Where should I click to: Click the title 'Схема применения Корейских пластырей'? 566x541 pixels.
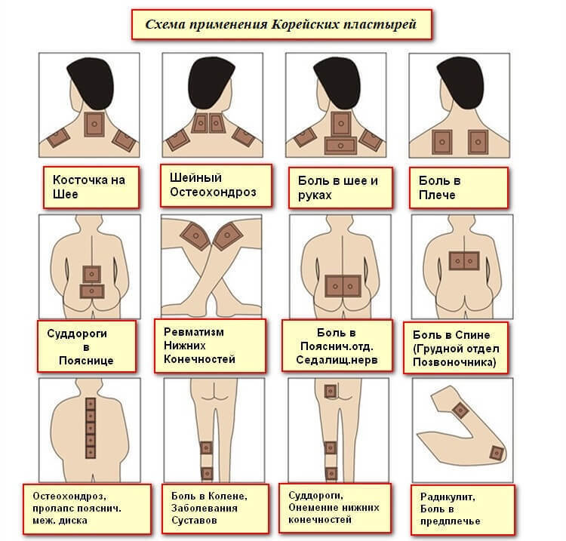pyautogui.click(x=282, y=24)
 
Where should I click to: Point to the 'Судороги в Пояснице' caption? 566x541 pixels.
pyautogui.click(x=86, y=346)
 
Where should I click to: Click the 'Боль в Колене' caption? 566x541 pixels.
pyautogui.click(x=212, y=506)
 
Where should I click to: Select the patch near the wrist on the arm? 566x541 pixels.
pyautogui.click(x=497, y=452)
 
